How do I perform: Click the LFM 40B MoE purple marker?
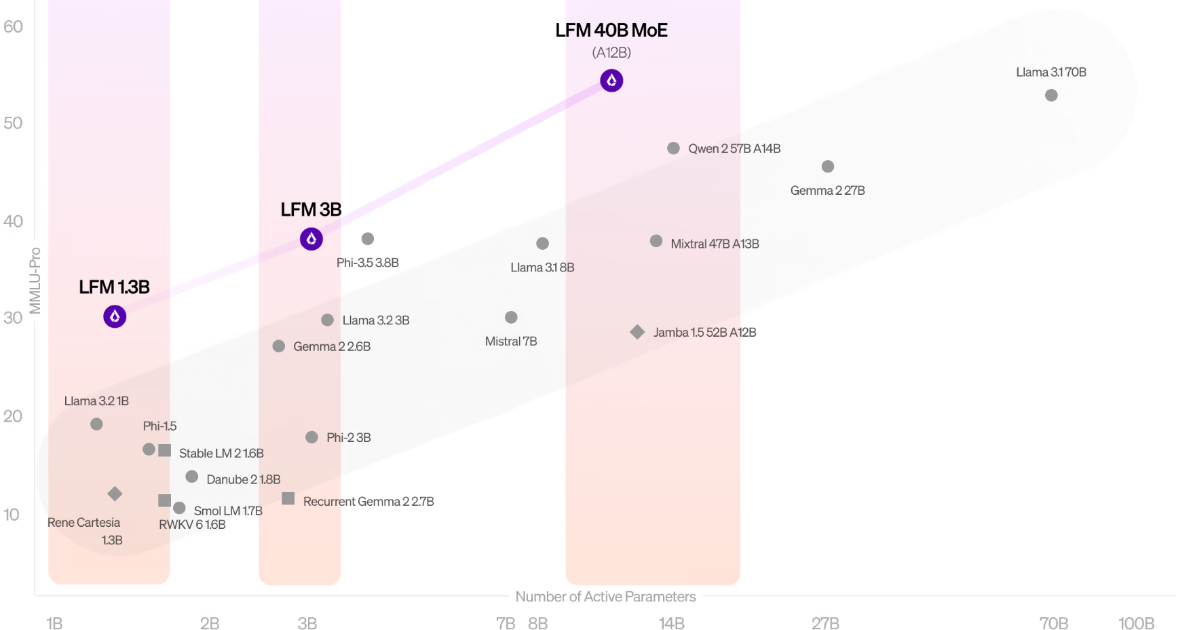point(611,81)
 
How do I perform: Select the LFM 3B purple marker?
point(311,239)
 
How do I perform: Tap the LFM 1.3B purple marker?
point(115,316)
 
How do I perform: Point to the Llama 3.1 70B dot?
point(1051,96)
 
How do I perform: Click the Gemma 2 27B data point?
point(828,166)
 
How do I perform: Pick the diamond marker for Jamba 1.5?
point(637,332)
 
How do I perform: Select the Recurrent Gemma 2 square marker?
point(288,499)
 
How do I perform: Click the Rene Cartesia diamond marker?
point(115,494)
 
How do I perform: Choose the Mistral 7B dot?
point(511,317)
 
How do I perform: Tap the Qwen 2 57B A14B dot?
point(673,148)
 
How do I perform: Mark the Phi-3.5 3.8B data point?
point(368,239)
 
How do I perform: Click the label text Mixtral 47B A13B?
point(715,244)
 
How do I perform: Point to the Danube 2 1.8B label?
point(243,479)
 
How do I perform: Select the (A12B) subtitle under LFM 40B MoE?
point(611,52)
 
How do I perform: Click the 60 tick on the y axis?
point(13,26)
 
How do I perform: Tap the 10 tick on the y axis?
point(12,515)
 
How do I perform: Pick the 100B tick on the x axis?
point(1136,623)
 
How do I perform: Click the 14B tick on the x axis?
point(672,623)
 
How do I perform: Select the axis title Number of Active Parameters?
point(605,597)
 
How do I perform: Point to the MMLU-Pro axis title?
point(35,281)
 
